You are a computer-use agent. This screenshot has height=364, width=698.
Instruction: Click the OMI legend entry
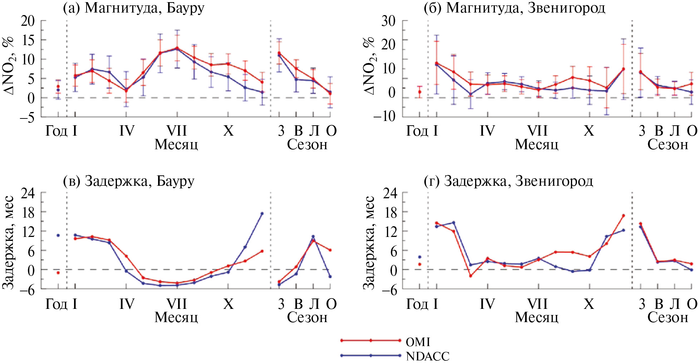[x=418, y=342]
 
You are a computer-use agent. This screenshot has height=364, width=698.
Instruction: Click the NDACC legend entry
[x=427, y=356]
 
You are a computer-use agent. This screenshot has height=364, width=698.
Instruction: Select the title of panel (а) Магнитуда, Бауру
[x=134, y=8]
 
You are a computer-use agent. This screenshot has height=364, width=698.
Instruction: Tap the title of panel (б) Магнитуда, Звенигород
[x=514, y=8]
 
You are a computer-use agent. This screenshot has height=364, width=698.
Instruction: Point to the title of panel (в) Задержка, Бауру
[x=129, y=181]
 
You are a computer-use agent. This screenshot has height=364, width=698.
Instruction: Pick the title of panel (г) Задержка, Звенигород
[x=508, y=181]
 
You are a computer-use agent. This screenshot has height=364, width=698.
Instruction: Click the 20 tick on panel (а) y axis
[x=28, y=21]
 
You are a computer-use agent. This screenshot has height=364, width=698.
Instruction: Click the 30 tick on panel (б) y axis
[x=388, y=21]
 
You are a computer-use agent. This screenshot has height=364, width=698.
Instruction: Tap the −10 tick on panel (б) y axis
[x=384, y=116]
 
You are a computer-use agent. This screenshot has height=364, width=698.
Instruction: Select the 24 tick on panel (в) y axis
[x=28, y=193]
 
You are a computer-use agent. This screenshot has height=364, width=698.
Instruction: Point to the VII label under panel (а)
[x=177, y=131]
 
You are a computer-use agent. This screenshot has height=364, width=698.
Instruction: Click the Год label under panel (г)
[x=417, y=304]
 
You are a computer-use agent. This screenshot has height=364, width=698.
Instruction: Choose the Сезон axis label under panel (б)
[x=668, y=145]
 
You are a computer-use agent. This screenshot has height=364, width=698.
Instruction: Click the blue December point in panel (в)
[x=262, y=214]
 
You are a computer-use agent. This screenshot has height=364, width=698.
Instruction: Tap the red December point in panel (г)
[x=623, y=215]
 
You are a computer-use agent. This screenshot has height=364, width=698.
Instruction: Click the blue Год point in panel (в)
[x=58, y=235]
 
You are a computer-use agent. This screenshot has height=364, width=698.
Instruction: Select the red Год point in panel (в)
[x=58, y=273]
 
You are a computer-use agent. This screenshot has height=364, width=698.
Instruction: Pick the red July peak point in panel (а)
[x=177, y=48]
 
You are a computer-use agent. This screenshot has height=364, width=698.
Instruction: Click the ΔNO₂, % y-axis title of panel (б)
[x=369, y=66]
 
